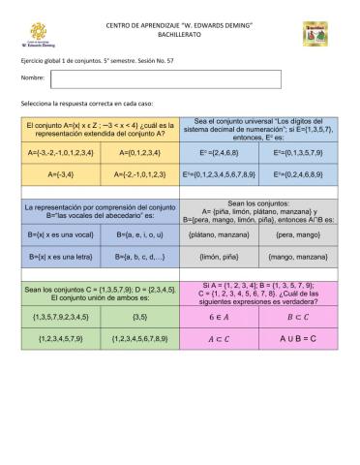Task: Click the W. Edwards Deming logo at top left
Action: pyautogui.click(x=37, y=37)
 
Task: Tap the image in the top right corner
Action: pyautogui.click(x=315, y=33)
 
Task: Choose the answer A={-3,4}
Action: pyautogui.click(x=61, y=175)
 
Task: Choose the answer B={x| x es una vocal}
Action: pyautogui.click(x=60, y=234)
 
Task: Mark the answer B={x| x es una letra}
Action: pyautogui.click(x=60, y=258)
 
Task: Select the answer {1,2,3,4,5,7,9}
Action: pyautogui.click(x=61, y=339)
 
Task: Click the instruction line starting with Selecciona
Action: pyautogui.click(x=79, y=102)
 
